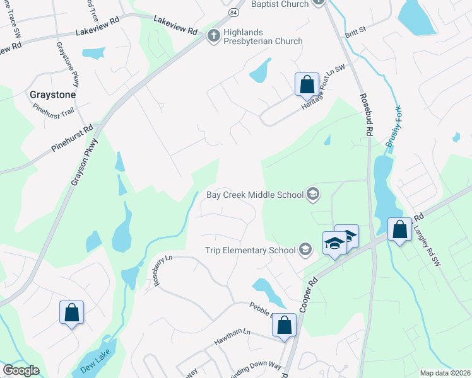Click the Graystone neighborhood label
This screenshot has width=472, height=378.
click(53, 94)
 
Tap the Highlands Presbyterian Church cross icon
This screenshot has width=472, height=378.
click(213, 37)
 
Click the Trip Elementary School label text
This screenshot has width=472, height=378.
click(250, 250)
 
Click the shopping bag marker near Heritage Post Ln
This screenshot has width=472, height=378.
click(307, 84)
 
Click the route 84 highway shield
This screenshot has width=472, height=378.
click(234, 12)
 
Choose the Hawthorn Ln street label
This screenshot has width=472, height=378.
click(232, 333)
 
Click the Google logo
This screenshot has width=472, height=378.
click(21, 370)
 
